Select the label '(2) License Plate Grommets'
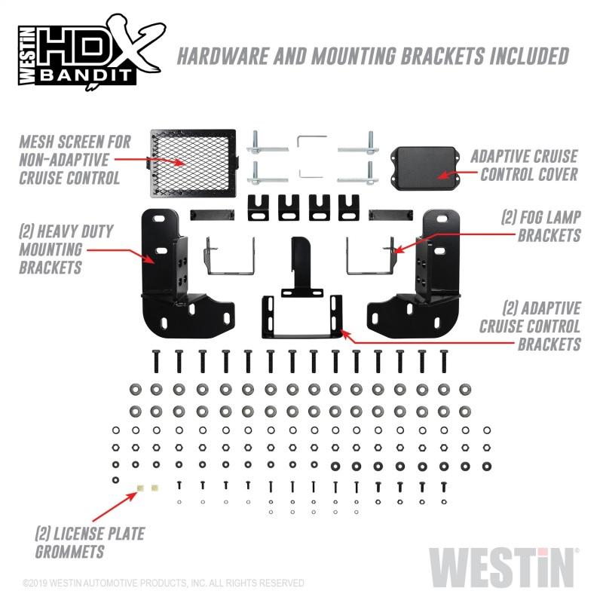click(90, 543)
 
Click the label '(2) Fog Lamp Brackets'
click(540, 225)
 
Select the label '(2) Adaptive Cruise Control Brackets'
click(530, 326)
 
